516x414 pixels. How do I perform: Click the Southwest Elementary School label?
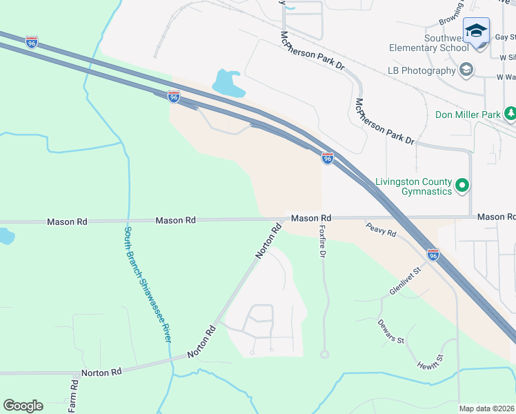coord(428,43)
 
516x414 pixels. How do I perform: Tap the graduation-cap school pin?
coord(476,31)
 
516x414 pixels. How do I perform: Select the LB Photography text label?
coord(421,70)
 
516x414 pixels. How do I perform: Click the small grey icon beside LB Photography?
coord(466,70)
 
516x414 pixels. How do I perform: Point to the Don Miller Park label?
coord(468,113)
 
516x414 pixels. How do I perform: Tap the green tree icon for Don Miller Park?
coord(510,112)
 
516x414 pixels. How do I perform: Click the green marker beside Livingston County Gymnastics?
coord(463,186)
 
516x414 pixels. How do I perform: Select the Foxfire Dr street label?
coord(322,239)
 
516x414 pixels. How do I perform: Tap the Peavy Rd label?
coord(381,230)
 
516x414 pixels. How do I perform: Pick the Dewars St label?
coord(390,331)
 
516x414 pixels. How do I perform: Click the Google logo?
coord(23,406)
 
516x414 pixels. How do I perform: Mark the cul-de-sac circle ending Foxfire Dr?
coord(324,355)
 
